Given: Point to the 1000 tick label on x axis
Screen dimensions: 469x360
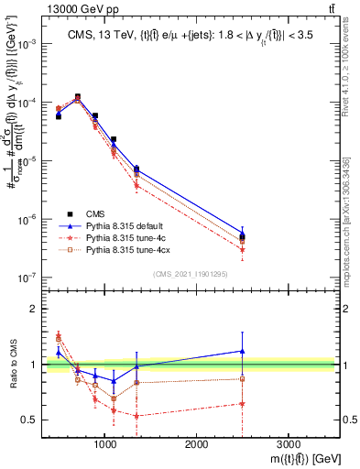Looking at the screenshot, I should (105, 443).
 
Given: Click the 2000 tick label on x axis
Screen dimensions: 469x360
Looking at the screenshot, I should (196, 443).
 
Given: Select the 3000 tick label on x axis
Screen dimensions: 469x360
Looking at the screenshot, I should (287, 443).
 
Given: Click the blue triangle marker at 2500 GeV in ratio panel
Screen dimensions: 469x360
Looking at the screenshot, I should (242, 350).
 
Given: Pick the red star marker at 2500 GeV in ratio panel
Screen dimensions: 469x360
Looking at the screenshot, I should (242, 403).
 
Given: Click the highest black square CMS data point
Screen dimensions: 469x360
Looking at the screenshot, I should (77, 96).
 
